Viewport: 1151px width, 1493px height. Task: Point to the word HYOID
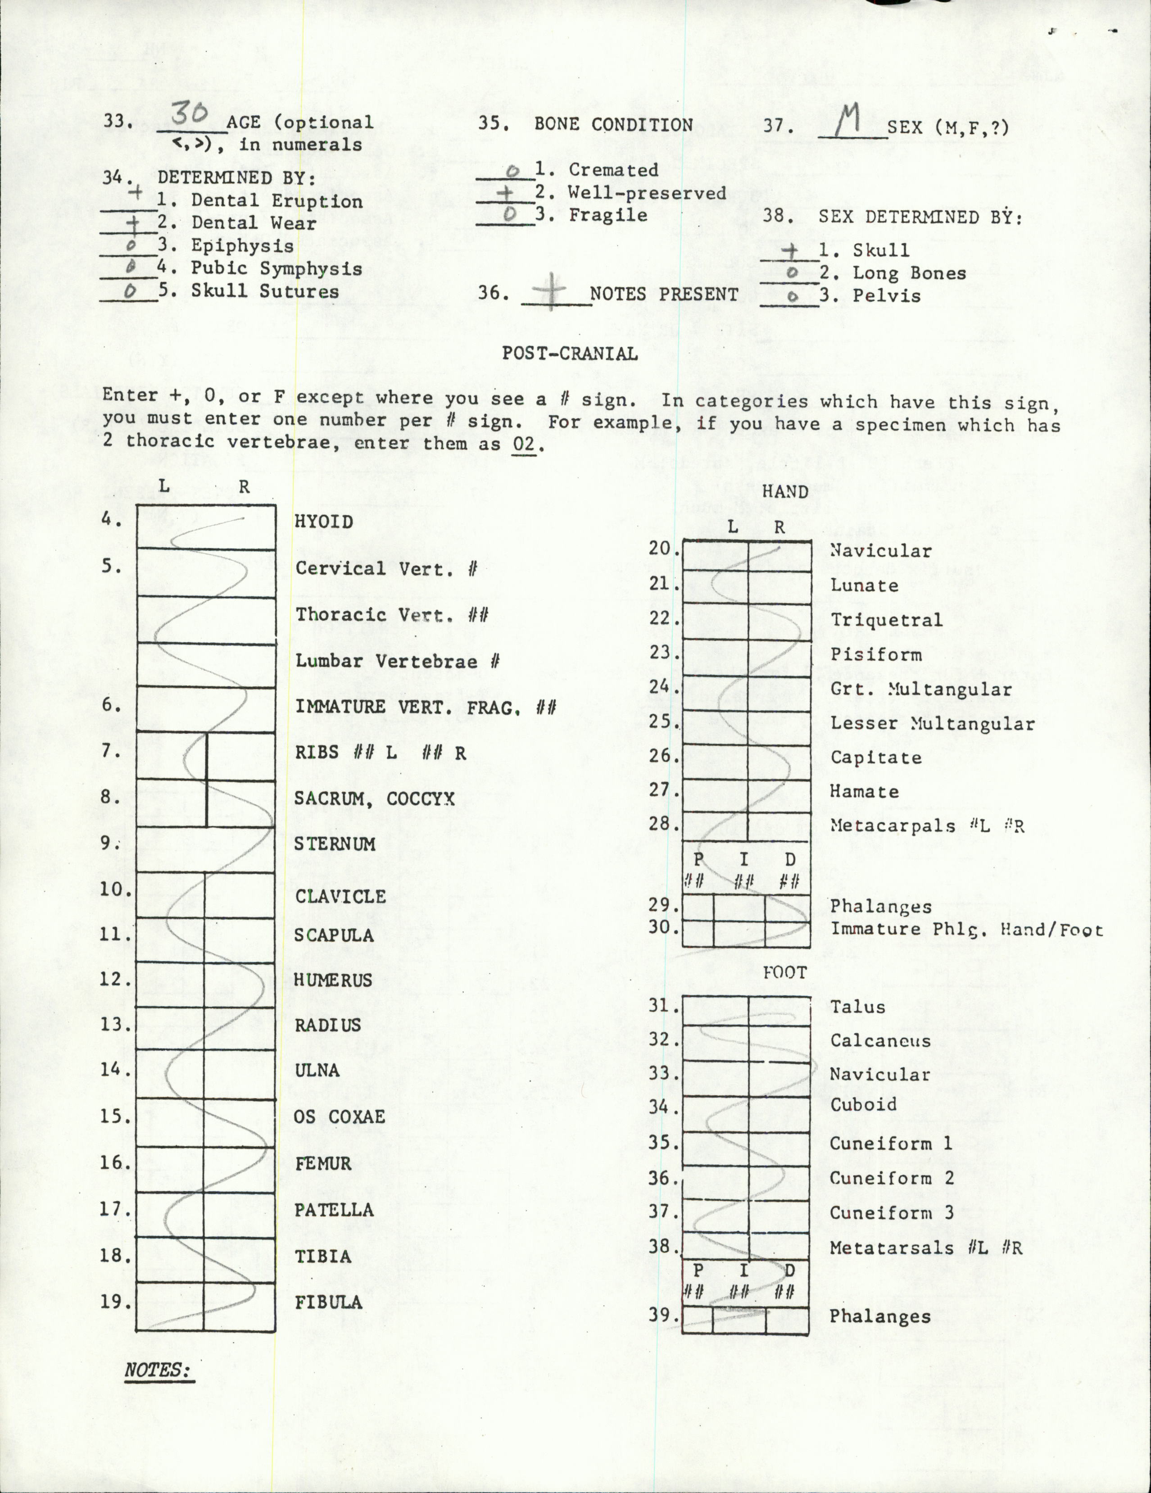pyautogui.click(x=323, y=522)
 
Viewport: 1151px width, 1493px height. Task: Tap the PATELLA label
pyautogui.click(x=334, y=1209)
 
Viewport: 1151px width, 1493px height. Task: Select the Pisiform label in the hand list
pyautogui.click(x=875, y=654)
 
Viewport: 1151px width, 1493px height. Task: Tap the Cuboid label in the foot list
pyautogui.click(x=862, y=1104)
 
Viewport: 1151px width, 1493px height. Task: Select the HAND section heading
pyautogui.click(x=784, y=491)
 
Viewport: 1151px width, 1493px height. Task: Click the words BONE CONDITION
pyautogui.click(x=613, y=125)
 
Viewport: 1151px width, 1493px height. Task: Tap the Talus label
pyautogui.click(x=857, y=1006)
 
